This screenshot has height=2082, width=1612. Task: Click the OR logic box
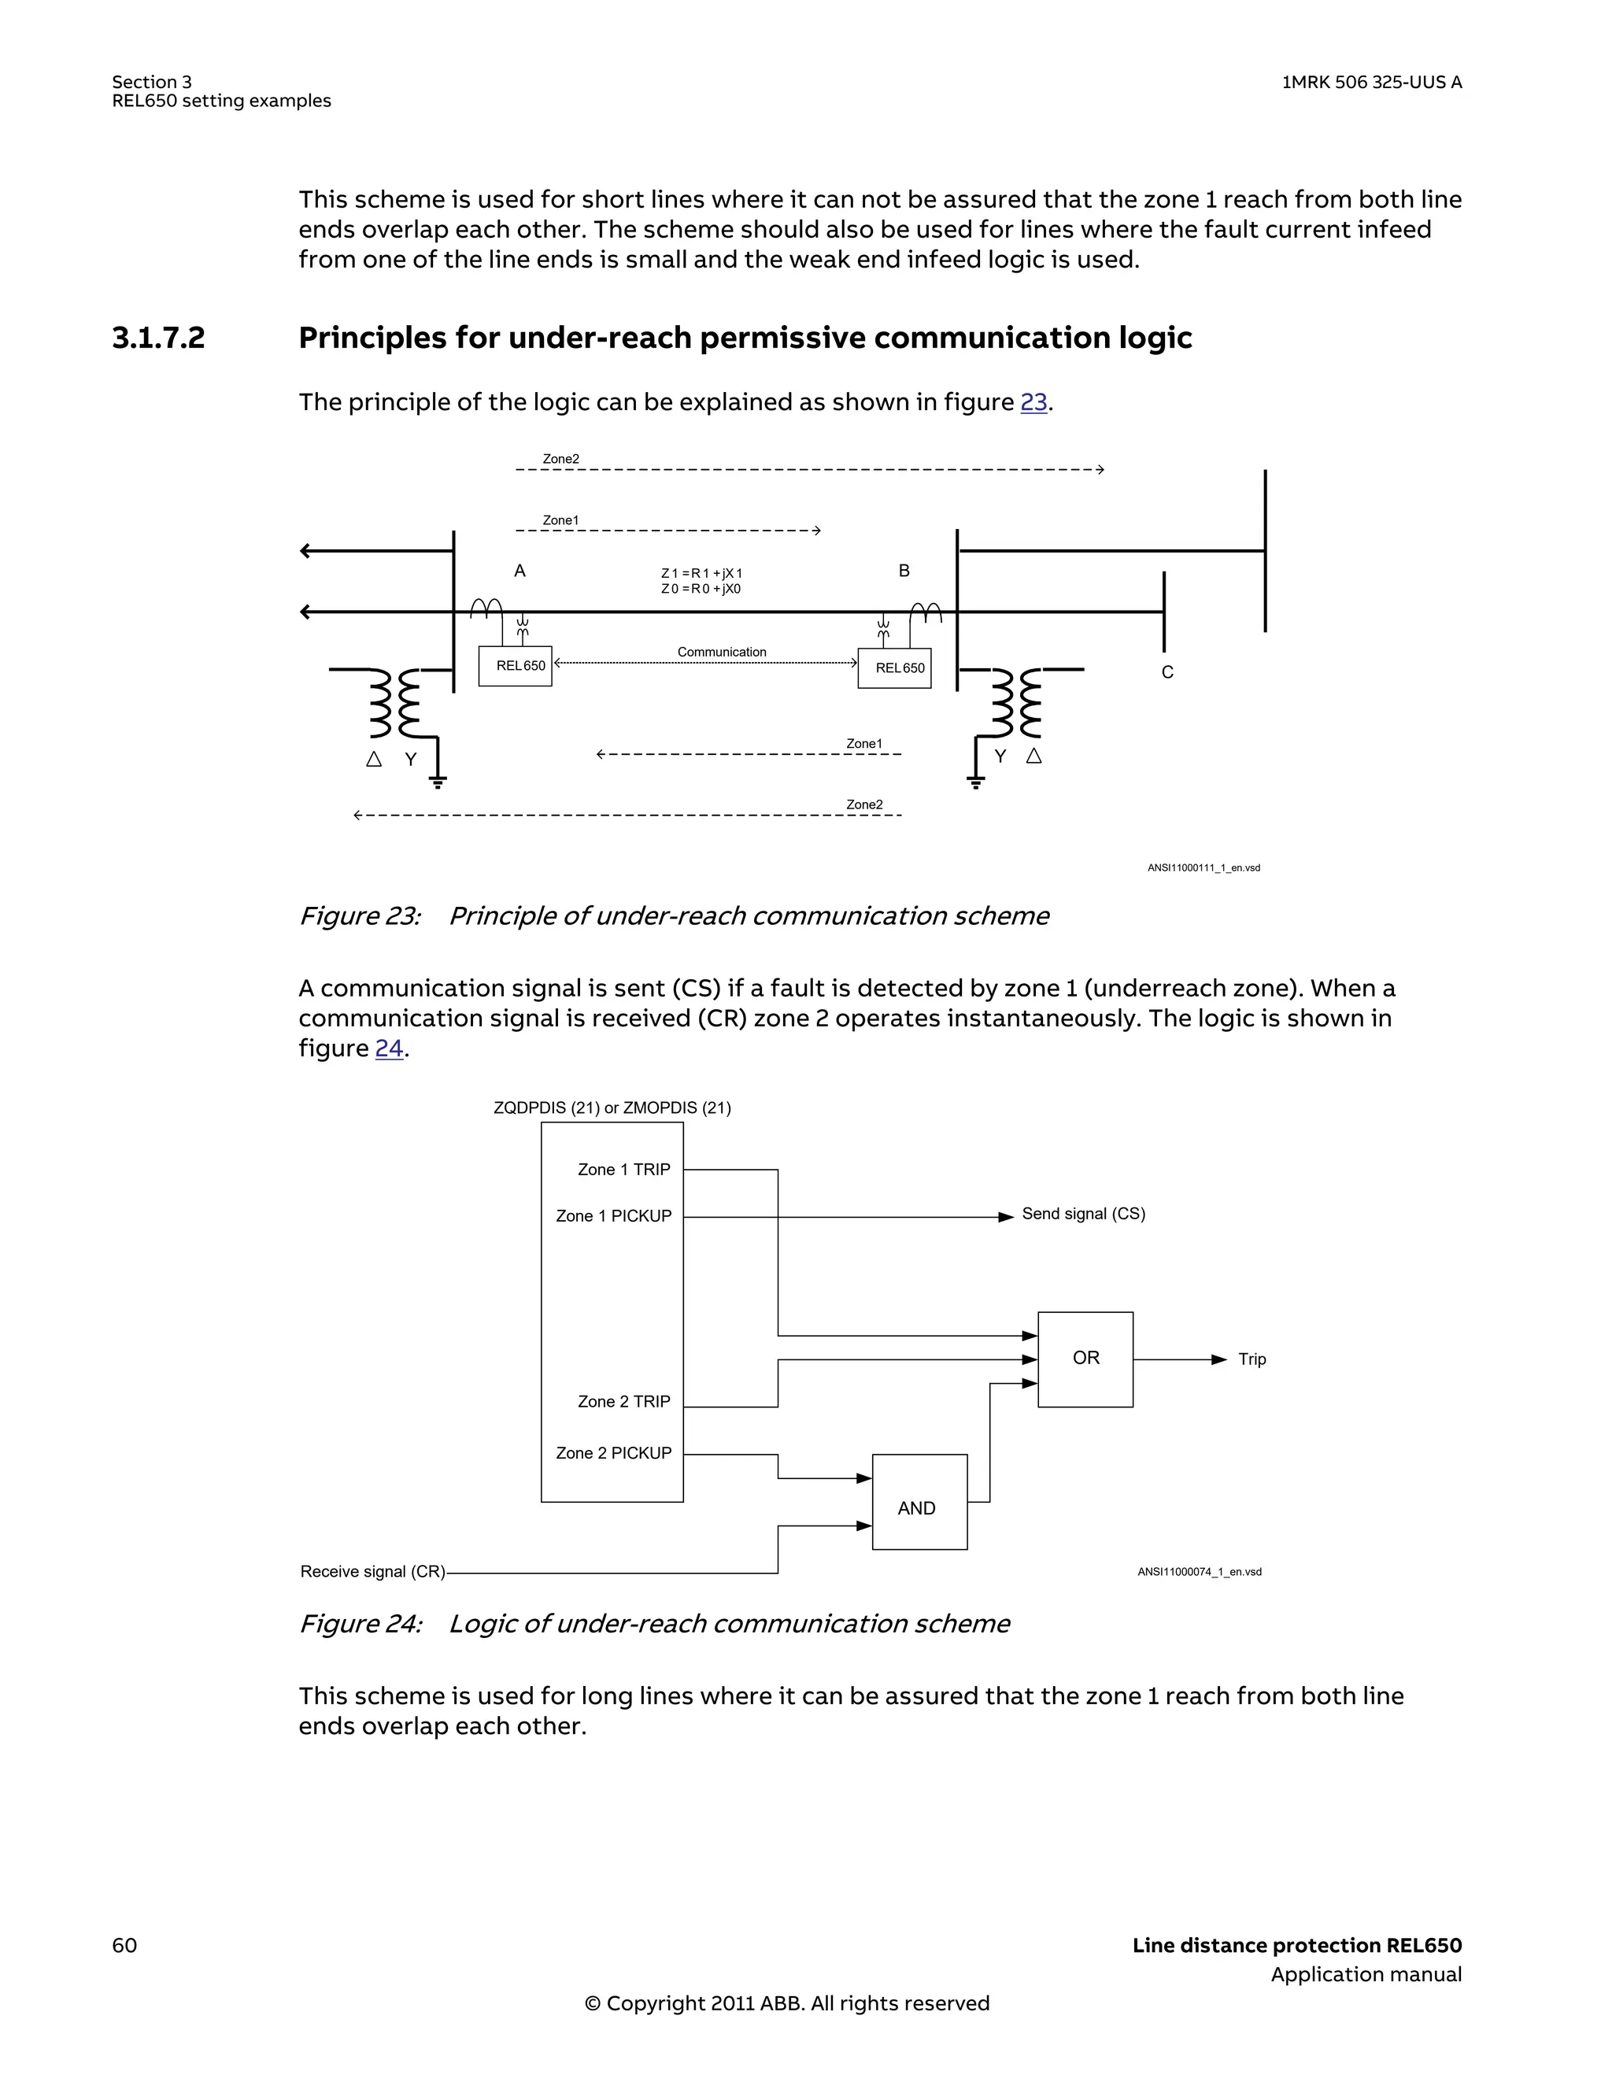coord(1085,1359)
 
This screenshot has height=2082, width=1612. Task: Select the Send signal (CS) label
coord(1083,1214)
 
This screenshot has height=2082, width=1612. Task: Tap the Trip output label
coord(1252,1359)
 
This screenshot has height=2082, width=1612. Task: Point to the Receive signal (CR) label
coord(373,1571)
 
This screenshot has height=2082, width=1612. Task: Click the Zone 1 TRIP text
coord(623,1170)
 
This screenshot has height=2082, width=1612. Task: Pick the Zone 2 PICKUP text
coord(613,1453)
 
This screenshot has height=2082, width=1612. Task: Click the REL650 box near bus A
coord(516,667)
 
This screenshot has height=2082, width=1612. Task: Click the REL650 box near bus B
coord(894,668)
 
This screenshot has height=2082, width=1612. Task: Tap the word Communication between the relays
coord(722,652)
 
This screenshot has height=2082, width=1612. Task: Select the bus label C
coord(1166,672)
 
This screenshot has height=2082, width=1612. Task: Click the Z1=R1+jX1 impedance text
coord(701,573)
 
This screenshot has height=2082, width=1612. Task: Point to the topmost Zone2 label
coord(560,459)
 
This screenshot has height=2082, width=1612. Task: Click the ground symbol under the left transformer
coord(438,782)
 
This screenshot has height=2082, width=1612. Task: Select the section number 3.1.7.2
coord(158,338)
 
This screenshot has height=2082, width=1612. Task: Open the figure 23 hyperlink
coord(1033,402)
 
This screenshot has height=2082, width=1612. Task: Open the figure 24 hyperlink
coord(389,1048)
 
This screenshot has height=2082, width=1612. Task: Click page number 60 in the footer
coord(125,1945)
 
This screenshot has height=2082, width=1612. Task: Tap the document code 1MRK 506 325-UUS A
coord(1371,82)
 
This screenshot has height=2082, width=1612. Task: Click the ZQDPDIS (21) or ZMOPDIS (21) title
coord(612,1108)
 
